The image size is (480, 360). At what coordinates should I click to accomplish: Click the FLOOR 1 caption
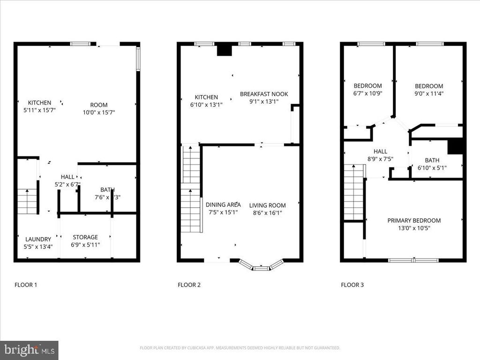tap(26, 285)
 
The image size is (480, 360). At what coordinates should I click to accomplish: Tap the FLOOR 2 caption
tap(189, 285)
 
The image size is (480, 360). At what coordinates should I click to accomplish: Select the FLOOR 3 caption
tap(352, 285)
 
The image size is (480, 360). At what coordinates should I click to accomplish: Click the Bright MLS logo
tap(29, 350)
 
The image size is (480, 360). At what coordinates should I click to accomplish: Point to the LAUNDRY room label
tap(38, 239)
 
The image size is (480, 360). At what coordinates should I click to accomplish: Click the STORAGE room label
tap(85, 237)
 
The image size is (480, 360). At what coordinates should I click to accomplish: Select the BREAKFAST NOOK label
tap(264, 94)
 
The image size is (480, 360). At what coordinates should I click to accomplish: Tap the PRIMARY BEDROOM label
tap(414, 220)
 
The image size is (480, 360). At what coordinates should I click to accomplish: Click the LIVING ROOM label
tap(267, 205)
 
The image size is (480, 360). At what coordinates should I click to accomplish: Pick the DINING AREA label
tap(223, 204)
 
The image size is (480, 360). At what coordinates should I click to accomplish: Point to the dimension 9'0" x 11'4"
tap(429, 93)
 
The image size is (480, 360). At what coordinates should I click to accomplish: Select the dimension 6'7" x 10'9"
tap(367, 93)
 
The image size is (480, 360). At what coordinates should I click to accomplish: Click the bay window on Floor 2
tap(262, 265)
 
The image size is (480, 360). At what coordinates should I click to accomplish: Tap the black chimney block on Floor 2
tap(224, 50)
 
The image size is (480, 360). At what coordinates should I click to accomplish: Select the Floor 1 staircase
tap(27, 200)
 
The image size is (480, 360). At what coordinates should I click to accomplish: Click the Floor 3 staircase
tap(354, 192)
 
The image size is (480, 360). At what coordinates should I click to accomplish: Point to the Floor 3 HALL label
tap(380, 151)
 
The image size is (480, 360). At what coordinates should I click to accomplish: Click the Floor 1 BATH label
tap(107, 190)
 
